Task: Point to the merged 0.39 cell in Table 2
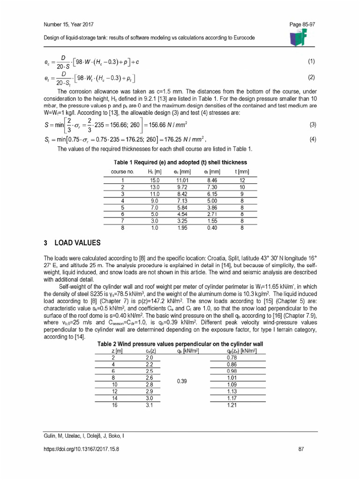[x=182, y=381]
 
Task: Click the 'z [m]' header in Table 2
[x=117, y=351]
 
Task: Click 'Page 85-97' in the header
[x=303, y=23]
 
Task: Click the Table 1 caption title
[x=180, y=162]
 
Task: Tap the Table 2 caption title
[x=180, y=344]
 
